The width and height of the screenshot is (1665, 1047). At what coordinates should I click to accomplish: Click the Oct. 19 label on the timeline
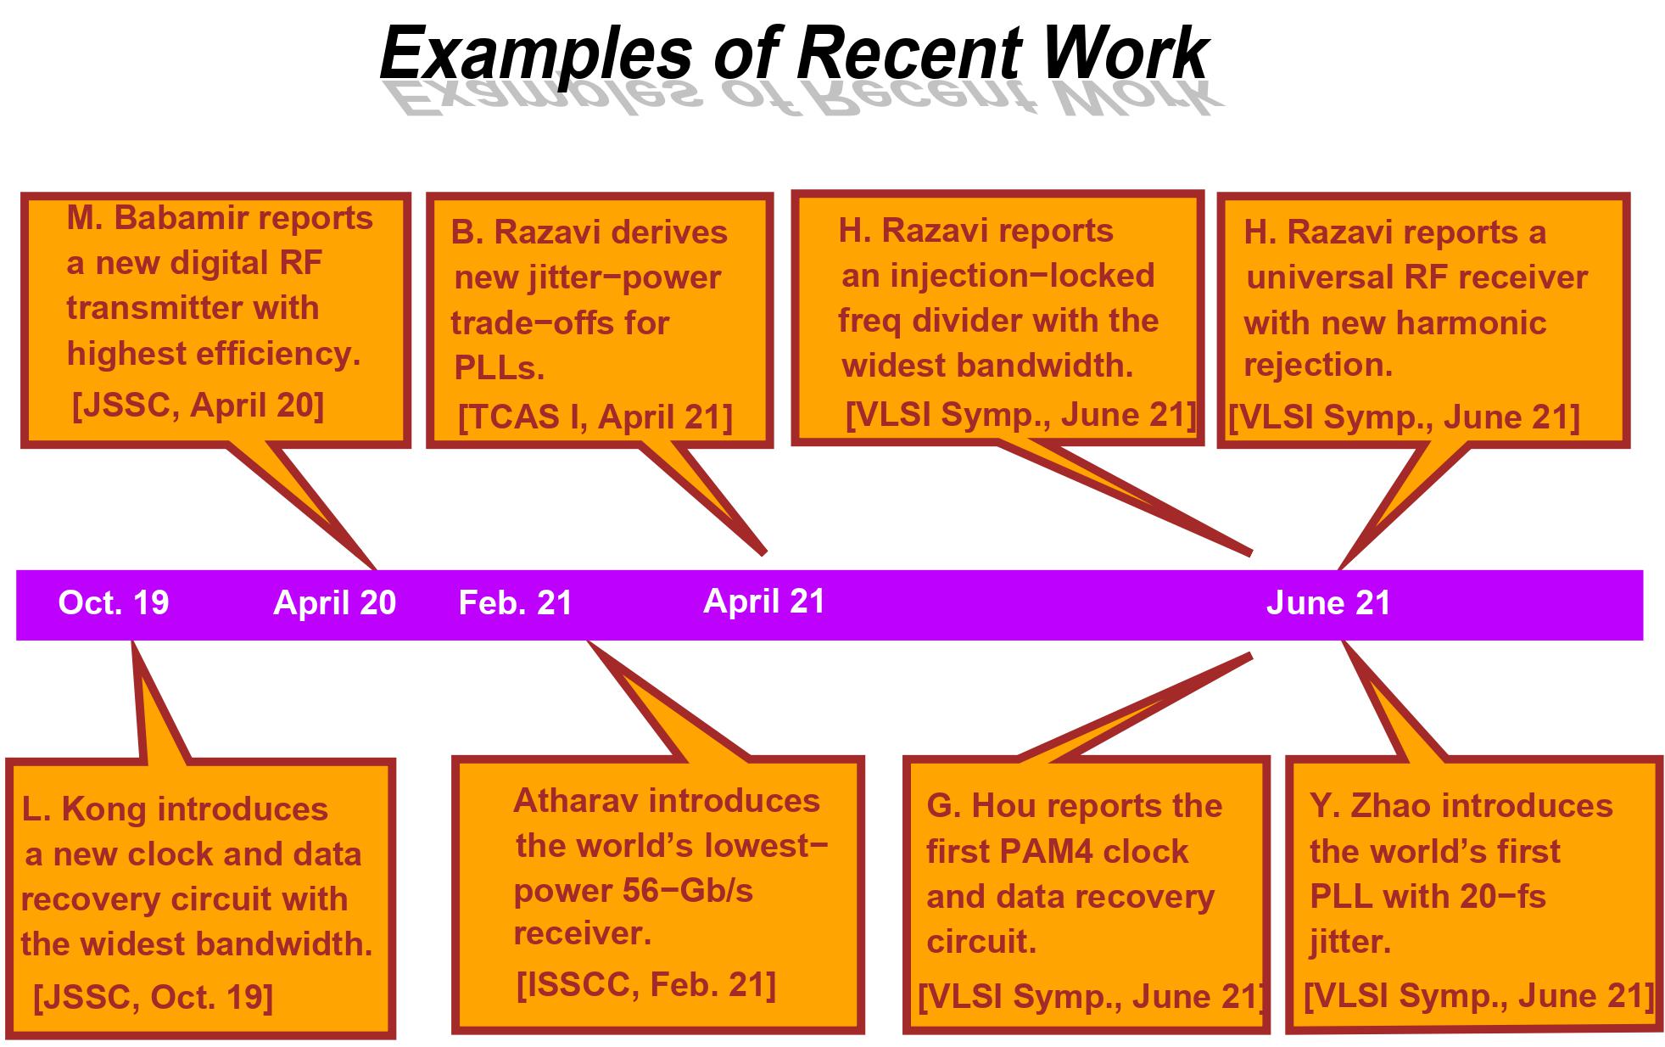114,602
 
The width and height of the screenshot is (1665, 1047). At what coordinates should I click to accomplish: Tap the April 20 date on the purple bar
335,602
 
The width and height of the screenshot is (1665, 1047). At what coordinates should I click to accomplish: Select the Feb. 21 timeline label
516,602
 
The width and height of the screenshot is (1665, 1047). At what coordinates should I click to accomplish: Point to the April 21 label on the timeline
764,601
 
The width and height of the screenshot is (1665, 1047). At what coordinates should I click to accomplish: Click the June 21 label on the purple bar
1328,602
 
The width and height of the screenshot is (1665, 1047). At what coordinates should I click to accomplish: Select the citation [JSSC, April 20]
198,406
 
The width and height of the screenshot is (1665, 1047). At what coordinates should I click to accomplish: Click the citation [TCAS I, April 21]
595,417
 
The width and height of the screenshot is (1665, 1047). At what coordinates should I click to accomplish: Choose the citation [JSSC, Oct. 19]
153,998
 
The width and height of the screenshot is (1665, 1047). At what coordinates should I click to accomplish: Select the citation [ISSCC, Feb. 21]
646,985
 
